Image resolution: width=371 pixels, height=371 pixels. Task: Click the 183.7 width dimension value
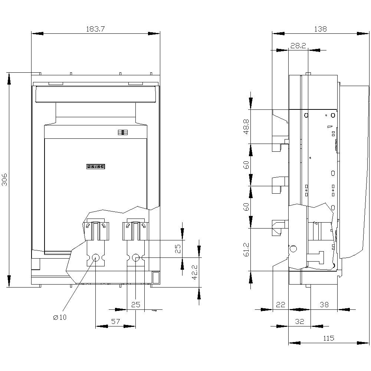pyautogui.click(x=96, y=29)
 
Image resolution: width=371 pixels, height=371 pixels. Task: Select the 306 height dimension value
pyautogui.click(x=4, y=180)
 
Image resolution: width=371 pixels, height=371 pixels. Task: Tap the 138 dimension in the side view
pyautogui.click(x=320, y=29)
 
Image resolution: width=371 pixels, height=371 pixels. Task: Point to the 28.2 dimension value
pyautogui.click(x=298, y=46)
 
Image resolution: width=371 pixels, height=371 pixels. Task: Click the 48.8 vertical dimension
pyautogui.click(x=246, y=127)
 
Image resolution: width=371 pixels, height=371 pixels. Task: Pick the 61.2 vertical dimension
pyautogui.click(x=246, y=250)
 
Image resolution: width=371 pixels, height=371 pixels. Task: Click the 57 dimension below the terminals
pyautogui.click(x=116, y=322)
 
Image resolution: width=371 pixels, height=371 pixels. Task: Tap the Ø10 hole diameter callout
pyautogui.click(x=60, y=317)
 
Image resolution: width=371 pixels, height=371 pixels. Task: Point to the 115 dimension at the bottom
pyautogui.click(x=328, y=338)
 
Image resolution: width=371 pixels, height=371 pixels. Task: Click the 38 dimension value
pyautogui.click(x=324, y=305)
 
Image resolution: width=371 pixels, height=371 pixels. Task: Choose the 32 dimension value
pyautogui.click(x=299, y=322)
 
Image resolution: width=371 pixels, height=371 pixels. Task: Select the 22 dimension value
pyautogui.click(x=280, y=305)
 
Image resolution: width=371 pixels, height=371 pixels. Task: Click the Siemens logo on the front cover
pyautogui.click(x=96, y=167)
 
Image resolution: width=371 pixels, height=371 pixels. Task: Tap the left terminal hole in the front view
pyautogui.click(x=96, y=257)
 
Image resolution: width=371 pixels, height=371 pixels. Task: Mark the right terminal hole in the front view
pyautogui.click(x=136, y=257)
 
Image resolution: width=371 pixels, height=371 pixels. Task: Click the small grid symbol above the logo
pyautogui.click(x=122, y=132)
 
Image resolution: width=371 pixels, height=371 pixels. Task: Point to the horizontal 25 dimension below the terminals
pyautogui.click(x=136, y=305)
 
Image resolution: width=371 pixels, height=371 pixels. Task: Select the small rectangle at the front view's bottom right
pyautogui.click(x=156, y=277)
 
